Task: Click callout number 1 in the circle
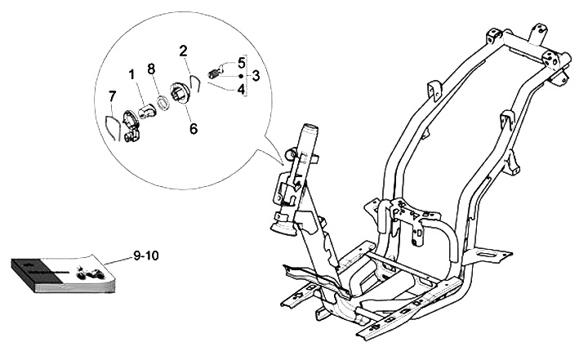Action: (x=131, y=75)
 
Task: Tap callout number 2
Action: (x=185, y=51)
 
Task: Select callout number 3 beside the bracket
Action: (x=256, y=75)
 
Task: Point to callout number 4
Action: (x=242, y=88)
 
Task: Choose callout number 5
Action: (x=242, y=62)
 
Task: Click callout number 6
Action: (x=193, y=128)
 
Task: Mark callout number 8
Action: (x=151, y=69)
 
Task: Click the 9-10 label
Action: (x=147, y=256)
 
